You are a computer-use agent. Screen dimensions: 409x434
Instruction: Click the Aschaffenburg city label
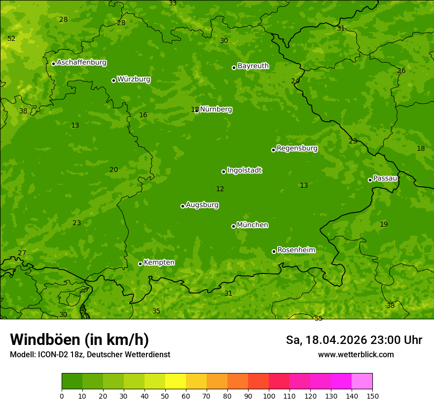coord(81,63)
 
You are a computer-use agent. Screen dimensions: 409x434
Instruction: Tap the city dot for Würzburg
coord(113,80)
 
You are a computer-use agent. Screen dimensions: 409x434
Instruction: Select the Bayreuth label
coord(253,66)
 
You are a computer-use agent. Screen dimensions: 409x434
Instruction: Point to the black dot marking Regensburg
coord(273,150)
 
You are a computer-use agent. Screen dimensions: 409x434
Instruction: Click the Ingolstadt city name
coord(244,170)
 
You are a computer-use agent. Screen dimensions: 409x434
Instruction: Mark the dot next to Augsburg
coord(182,206)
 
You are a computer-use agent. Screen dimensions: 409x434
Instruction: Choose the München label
coord(253,225)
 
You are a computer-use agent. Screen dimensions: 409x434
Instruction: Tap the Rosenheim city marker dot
coord(274,252)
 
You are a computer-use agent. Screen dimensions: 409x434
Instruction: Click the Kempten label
coord(159,263)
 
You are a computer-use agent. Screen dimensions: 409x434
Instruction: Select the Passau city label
coord(385,178)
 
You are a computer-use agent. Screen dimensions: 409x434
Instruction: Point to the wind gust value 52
coord(11,38)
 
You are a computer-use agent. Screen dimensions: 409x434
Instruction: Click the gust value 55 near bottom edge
coord(318,318)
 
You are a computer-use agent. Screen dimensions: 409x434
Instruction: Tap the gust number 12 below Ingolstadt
coord(220,189)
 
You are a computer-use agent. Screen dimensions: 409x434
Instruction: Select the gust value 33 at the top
coord(173,3)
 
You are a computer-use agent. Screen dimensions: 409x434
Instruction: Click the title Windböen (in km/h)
coord(79,340)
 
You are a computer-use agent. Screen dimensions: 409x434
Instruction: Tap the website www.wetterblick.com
coord(356,354)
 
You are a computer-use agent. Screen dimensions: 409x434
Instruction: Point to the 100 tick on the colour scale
coord(269,396)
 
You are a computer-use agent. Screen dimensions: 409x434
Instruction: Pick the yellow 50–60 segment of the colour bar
coord(176,381)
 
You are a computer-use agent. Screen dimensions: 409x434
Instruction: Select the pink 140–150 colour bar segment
coord(362,381)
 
